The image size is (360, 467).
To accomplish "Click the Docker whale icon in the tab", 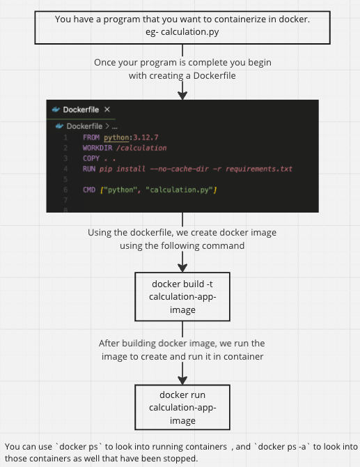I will (x=56, y=109).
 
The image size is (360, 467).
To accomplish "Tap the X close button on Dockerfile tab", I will (x=107, y=109).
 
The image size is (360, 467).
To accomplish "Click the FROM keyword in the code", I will (x=91, y=137).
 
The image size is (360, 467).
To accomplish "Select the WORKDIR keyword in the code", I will (x=95, y=148).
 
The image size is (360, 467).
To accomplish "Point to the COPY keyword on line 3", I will (x=91, y=158).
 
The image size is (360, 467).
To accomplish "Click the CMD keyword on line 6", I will (x=89, y=190).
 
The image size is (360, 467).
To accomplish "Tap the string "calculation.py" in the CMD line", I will (x=182, y=190).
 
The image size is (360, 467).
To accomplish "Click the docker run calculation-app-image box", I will (x=182, y=408).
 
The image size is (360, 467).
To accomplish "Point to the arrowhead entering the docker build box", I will (x=182, y=267).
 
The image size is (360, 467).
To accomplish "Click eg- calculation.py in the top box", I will (x=182, y=31).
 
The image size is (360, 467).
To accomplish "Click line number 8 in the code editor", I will (x=65, y=209).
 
